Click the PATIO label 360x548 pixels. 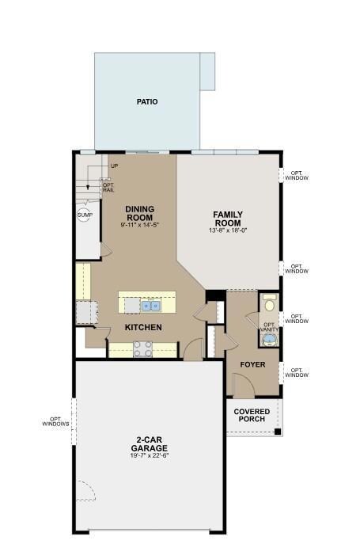click(146, 102)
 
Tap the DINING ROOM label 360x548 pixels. click(139, 214)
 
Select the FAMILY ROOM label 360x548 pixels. click(228, 219)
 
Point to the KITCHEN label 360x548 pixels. click(142, 327)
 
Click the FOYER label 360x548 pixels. click(252, 364)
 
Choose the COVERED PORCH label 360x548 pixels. click(252, 415)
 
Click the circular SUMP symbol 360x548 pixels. click(85, 215)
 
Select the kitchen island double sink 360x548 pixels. click(150, 305)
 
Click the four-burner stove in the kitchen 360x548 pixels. click(142, 348)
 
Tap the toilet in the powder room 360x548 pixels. click(270, 304)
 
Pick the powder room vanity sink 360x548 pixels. click(270, 339)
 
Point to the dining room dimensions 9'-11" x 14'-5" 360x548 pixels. click(139, 226)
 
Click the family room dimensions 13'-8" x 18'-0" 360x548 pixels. click(228, 230)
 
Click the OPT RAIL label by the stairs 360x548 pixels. click(108, 188)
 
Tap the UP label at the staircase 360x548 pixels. click(114, 166)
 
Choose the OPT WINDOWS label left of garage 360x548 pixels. click(56, 421)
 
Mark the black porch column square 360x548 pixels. click(277, 432)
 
